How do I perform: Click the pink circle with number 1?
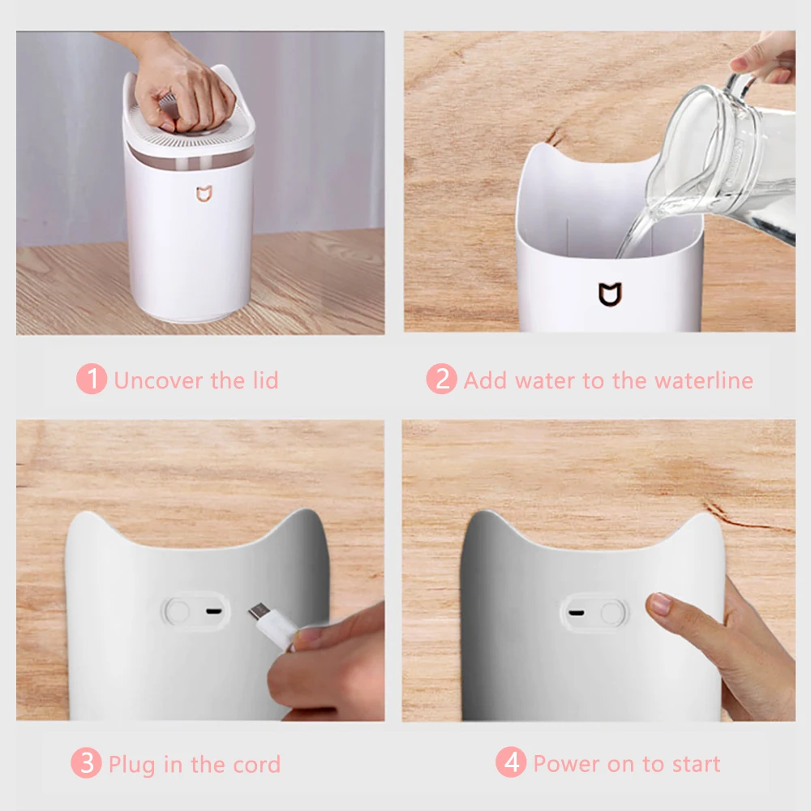pos(92,380)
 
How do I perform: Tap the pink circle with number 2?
pos(441,380)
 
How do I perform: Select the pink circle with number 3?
pos(86,764)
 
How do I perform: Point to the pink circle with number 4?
pos(511,763)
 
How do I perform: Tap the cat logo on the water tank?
pos(609,294)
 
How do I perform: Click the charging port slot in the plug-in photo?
pos(214,611)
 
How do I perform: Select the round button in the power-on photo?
pos(614,611)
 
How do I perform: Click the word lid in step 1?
pos(264,380)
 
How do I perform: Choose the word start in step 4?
pos(695,764)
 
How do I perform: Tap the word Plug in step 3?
pos(131,765)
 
